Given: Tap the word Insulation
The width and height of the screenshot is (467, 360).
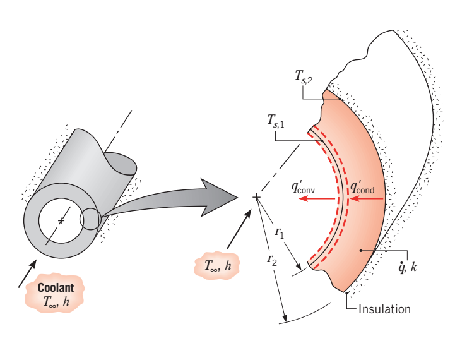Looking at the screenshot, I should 384,309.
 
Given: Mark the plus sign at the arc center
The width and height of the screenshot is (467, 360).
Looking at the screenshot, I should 256,198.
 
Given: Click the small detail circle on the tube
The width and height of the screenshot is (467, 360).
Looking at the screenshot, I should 90,219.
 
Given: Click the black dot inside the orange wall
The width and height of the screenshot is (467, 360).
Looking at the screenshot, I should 361,251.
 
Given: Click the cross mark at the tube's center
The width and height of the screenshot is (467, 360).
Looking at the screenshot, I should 61,221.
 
